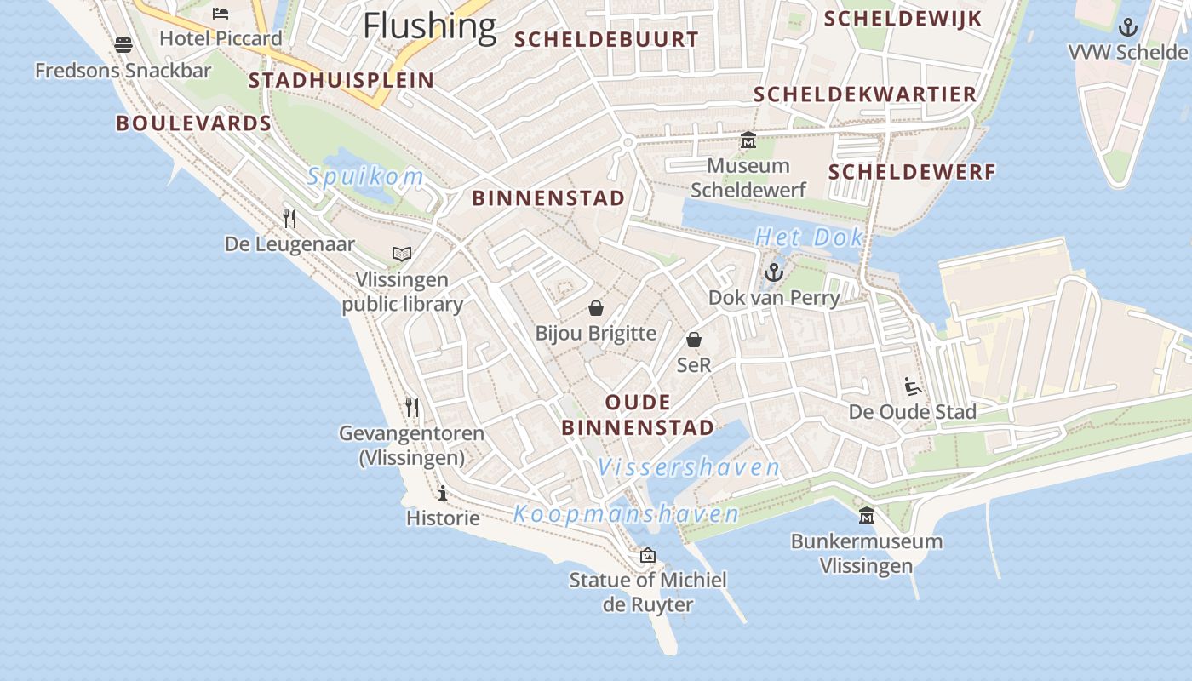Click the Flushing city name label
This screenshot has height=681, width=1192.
pyautogui.click(x=429, y=26)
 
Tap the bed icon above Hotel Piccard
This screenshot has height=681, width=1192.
pyautogui.click(x=221, y=14)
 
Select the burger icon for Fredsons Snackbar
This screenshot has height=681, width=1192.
pyautogui.click(x=123, y=44)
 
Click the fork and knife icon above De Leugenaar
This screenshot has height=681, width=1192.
pyautogui.click(x=289, y=219)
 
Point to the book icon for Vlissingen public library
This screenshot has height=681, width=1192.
pyautogui.click(x=402, y=254)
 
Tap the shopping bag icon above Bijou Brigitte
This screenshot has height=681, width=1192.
pyautogui.click(x=596, y=307)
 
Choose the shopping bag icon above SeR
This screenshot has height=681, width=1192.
pyautogui.click(x=694, y=340)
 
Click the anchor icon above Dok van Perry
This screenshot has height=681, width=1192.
pyautogui.click(x=774, y=272)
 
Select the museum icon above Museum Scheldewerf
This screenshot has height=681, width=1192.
pyautogui.click(x=748, y=140)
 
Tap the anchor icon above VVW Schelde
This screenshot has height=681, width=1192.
pyautogui.click(x=1128, y=27)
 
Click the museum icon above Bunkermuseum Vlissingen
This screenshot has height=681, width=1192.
pyautogui.click(x=867, y=516)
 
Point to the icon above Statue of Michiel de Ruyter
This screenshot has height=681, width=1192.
pyautogui.click(x=648, y=555)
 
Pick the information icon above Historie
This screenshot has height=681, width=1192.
pyautogui.click(x=443, y=493)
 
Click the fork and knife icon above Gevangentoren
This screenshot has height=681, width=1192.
pyautogui.click(x=412, y=408)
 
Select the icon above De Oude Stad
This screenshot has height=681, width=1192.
pyautogui.click(x=913, y=386)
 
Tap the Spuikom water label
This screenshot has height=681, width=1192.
pyautogui.click(x=365, y=177)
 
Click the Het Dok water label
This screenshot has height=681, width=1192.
pyautogui.click(x=810, y=237)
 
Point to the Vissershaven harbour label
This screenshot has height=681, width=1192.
pyautogui.click(x=688, y=467)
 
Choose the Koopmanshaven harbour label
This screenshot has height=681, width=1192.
pyautogui.click(x=626, y=514)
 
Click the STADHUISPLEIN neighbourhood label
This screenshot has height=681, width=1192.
pyautogui.click(x=341, y=81)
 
